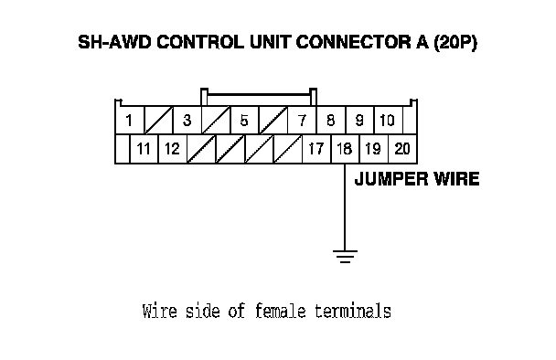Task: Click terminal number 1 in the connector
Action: point(130,120)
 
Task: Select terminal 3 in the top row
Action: point(187,120)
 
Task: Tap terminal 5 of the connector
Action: point(245,120)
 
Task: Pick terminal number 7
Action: point(302,120)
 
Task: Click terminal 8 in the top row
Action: point(331,120)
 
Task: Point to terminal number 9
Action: point(359,120)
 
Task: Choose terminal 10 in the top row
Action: point(389,120)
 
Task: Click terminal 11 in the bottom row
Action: point(144,149)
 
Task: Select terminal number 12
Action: point(173,149)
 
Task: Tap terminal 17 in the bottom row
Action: point(316,149)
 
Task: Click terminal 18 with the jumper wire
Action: point(345,149)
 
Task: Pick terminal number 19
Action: point(374,149)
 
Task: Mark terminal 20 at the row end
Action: point(402,149)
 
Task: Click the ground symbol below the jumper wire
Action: point(345,257)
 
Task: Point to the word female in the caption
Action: point(281,311)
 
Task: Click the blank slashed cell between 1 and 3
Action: point(158,120)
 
